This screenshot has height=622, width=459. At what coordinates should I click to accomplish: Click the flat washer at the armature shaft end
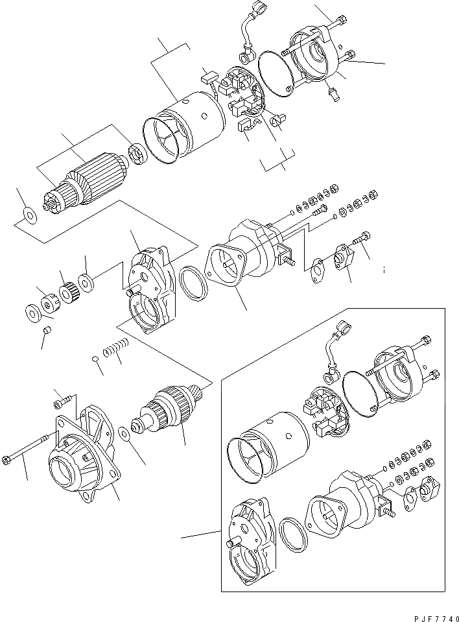28,213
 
